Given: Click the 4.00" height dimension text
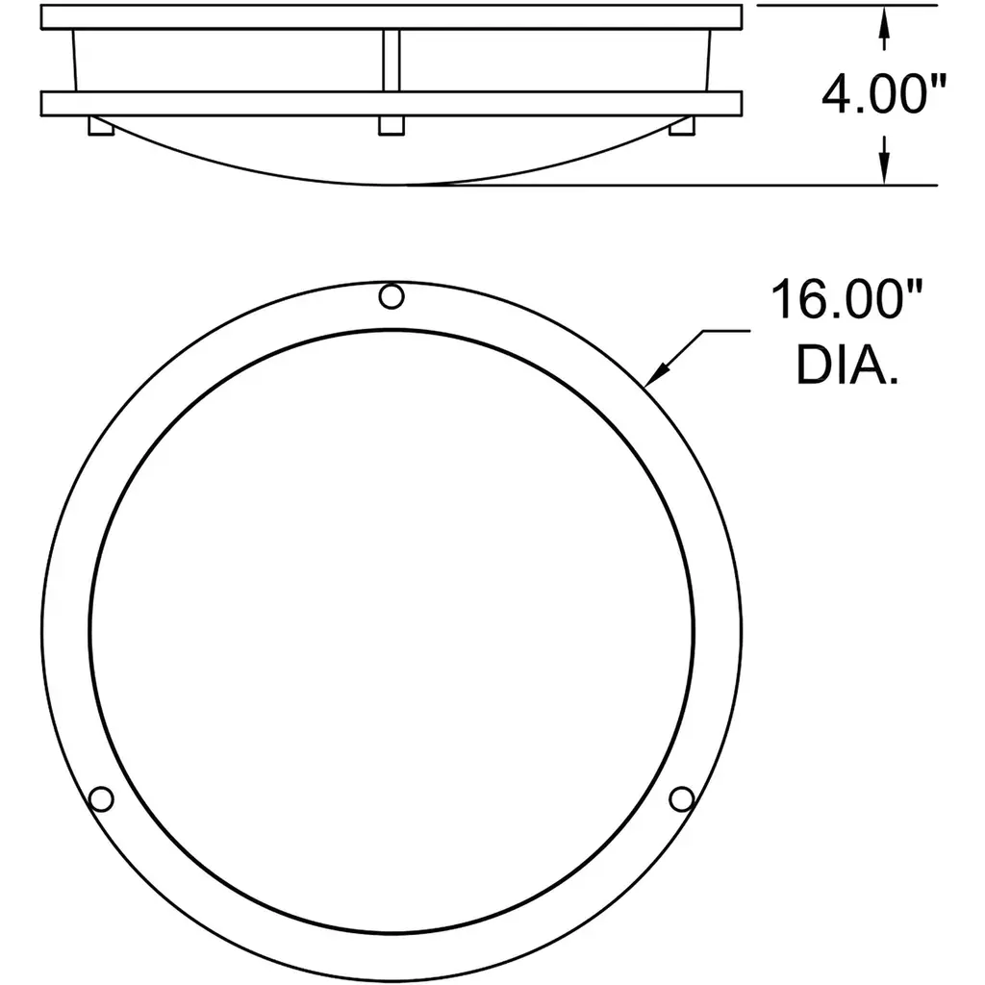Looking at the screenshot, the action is [883, 94].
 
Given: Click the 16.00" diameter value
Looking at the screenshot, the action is [846, 300].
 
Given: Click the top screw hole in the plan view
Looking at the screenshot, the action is [391, 296].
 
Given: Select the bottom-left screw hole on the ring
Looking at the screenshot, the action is [101, 799].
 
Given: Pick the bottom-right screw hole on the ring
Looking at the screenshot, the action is [682, 799].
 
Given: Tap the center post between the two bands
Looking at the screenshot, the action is [391, 61].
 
